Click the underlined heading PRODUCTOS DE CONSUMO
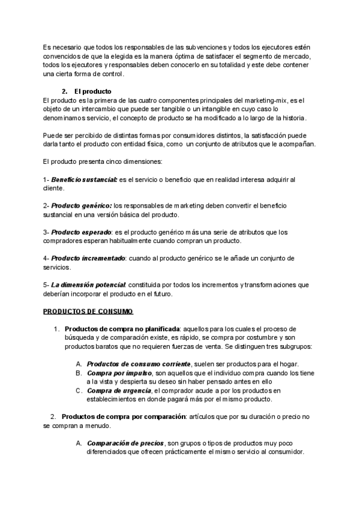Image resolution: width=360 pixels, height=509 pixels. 88,312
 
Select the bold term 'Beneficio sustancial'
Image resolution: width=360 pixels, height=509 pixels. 84,179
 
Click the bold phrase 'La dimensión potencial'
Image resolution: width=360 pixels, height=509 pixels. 88,285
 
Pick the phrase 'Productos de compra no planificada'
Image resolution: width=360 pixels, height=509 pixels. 122,330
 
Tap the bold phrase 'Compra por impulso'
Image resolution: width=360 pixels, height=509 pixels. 118,373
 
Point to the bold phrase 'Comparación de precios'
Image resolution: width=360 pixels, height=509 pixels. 125,444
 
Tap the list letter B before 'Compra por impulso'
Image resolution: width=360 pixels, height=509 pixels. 79,373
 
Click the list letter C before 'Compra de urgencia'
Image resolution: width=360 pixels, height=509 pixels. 79,391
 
